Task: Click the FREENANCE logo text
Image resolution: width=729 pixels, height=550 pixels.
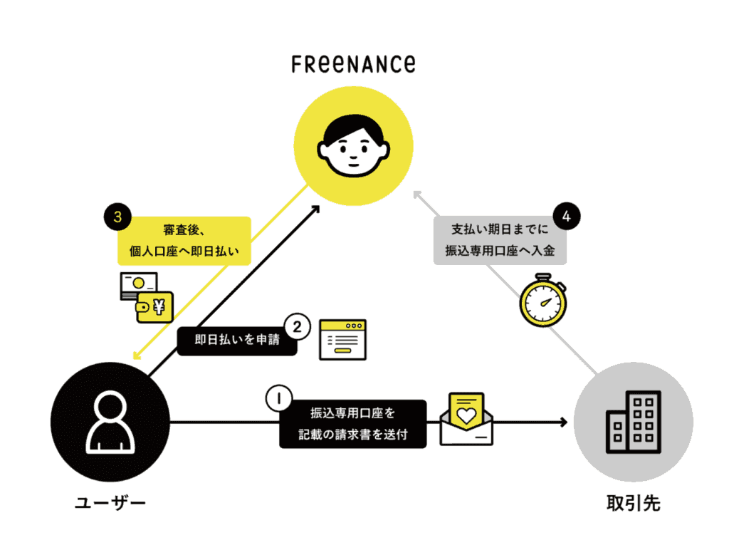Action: point(353,64)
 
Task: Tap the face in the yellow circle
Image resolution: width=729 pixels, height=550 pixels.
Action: point(353,145)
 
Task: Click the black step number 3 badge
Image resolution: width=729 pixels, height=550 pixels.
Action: point(117,217)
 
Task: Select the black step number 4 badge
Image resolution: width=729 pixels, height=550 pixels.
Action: point(566,217)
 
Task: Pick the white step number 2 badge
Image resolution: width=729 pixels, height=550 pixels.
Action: point(297,326)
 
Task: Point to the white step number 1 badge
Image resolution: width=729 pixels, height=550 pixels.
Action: point(279,398)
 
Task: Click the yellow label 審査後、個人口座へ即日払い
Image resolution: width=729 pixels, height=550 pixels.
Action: point(184,241)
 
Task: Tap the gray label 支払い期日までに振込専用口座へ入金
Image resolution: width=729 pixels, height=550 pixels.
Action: point(500,241)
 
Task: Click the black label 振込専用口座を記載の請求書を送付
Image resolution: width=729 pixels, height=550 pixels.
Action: point(353,424)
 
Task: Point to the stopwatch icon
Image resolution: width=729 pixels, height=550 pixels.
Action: point(543,300)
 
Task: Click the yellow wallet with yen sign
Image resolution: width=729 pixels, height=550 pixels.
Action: point(154,307)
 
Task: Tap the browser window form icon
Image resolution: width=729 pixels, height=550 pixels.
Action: point(342,340)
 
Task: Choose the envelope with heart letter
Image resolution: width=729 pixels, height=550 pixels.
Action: point(466,419)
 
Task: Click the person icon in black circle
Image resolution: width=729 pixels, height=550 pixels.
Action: point(110,422)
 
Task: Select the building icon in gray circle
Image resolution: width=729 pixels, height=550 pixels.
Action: point(633,422)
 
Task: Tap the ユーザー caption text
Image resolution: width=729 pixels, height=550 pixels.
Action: point(110,503)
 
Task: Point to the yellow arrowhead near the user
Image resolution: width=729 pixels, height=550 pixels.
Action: point(137,356)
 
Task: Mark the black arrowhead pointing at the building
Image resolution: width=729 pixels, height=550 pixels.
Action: point(564,422)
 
